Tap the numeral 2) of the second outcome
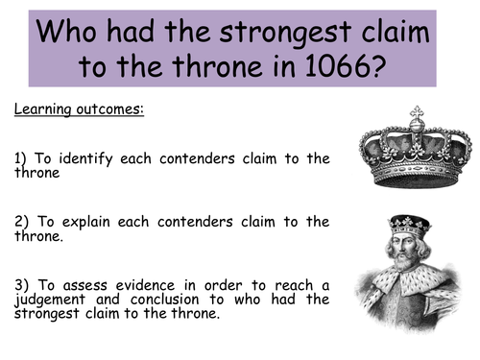[22, 222]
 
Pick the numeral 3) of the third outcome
[22, 285]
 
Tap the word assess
[90, 285]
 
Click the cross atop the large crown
[416, 112]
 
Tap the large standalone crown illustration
[416, 149]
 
